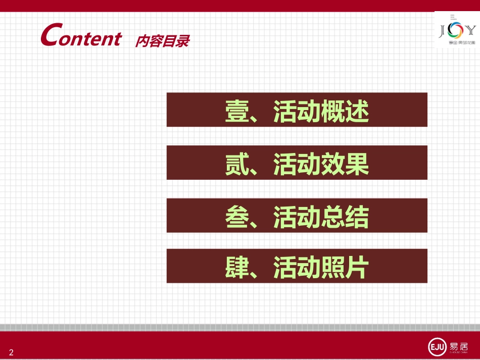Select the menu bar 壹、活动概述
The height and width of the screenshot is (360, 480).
[x=297, y=110]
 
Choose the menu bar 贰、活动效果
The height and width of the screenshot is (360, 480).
[x=297, y=163]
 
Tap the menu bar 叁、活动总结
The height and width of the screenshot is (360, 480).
[x=297, y=216]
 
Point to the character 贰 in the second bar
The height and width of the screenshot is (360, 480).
[x=237, y=164]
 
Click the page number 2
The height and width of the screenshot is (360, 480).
[x=11, y=352]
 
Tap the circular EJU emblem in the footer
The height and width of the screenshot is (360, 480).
[x=436, y=347]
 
